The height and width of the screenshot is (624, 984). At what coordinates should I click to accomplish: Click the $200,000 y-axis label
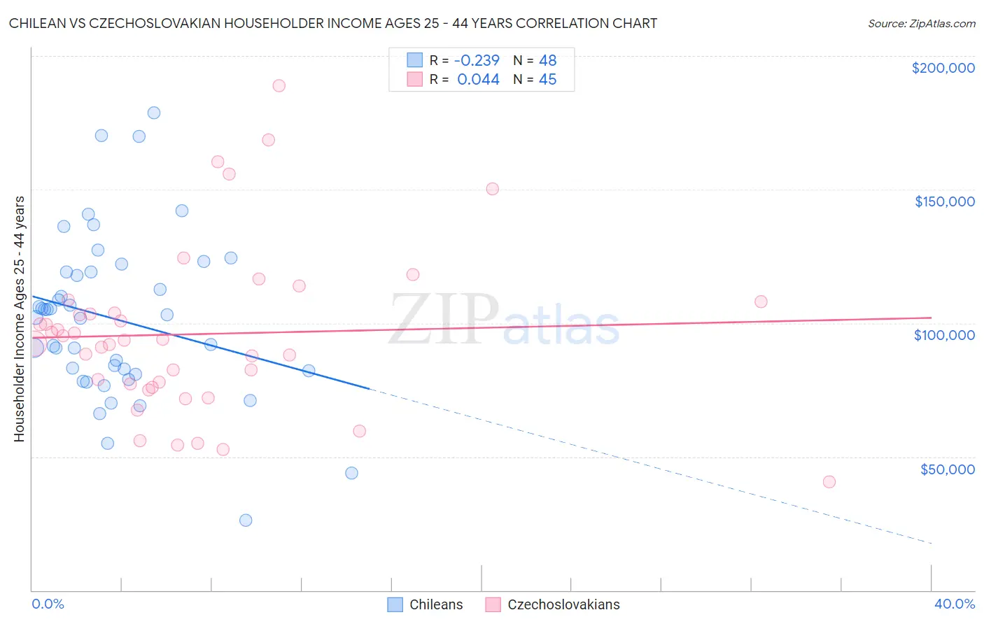(x=943, y=68)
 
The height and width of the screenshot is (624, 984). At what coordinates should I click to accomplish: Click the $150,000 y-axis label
(x=944, y=201)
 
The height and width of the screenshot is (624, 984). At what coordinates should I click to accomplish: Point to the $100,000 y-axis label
(x=944, y=335)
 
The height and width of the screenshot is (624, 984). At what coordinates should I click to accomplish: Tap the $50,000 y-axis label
(x=947, y=469)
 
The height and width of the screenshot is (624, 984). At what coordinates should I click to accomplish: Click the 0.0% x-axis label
(x=48, y=604)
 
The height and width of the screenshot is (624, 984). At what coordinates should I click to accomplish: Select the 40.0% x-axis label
(x=954, y=604)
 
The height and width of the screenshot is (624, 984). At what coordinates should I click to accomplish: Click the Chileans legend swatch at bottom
(x=395, y=604)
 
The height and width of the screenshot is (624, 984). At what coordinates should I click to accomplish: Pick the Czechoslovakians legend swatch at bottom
(x=493, y=604)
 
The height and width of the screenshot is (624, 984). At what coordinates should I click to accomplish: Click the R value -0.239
(x=477, y=60)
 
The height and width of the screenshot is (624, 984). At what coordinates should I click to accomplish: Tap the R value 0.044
(x=478, y=80)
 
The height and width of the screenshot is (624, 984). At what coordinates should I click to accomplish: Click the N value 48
(x=547, y=60)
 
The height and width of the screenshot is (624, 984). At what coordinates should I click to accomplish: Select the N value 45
(x=547, y=80)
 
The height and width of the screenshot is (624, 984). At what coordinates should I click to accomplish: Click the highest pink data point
(x=279, y=85)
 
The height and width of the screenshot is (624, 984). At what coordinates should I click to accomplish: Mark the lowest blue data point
(x=246, y=520)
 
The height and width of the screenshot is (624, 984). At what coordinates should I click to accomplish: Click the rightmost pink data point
(x=829, y=481)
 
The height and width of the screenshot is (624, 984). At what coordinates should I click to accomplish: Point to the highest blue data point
(x=154, y=113)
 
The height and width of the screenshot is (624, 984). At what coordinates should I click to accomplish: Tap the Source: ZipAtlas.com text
(x=921, y=23)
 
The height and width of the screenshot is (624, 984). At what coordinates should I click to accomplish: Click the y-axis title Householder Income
(x=19, y=319)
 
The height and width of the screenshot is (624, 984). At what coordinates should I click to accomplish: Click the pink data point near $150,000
(x=492, y=189)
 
